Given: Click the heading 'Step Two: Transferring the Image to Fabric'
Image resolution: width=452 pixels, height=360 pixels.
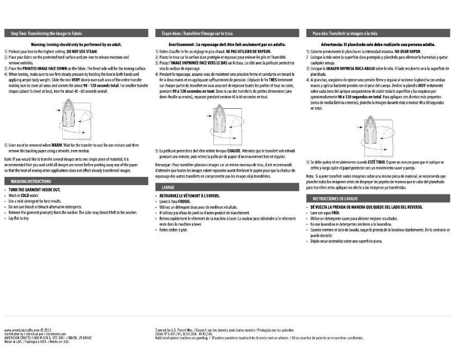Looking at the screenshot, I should point(46,33).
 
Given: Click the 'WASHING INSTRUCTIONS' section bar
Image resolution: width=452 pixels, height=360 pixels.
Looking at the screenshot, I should point(31,182).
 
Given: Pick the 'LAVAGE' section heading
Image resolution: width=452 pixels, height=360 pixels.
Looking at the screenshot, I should point(169,187).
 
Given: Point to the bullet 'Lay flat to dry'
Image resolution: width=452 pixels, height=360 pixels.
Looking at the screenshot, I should point(19,219).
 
